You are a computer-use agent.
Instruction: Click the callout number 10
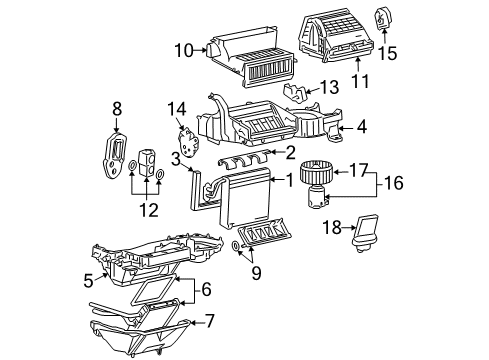(x=182, y=50)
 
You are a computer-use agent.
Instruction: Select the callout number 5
(x=88, y=282)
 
